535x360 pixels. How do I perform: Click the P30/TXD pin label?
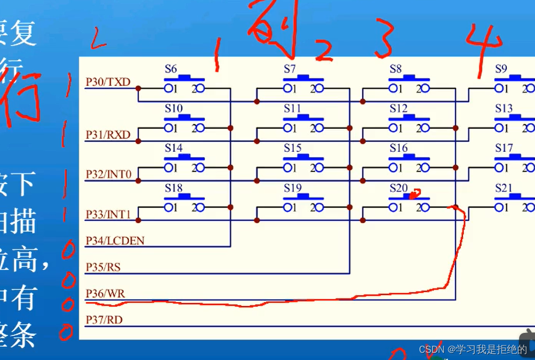pyautogui.click(x=108, y=82)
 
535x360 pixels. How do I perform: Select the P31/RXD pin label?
pyautogui.click(x=108, y=135)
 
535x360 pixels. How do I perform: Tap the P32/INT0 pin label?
pyautogui.click(x=108, y=174)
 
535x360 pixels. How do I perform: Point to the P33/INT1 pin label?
pyautogui.click(x=108, y=214)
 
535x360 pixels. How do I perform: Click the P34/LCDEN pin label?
pyautogui.click(x=115, y=240)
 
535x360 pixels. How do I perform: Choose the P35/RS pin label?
pyautogui.click(x=103, y=267)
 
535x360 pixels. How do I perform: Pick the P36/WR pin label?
pyautogui.click(x=105, y=294)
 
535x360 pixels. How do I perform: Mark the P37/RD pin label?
pyautogui.click(x=104, y=320)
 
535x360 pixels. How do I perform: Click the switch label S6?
pyautogui.click(x=171, y=69)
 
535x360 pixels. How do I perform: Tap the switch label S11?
pyautogui.click(x=293, y=108)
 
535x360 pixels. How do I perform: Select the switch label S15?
pyautogui.click(x=293, y=148)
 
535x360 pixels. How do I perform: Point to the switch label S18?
pyautogui.click(x=173, y=188)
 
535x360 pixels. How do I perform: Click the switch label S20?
pyautogui.click(x=398, y=188)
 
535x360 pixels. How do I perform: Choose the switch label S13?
pyautogui.click(x=503, y=108)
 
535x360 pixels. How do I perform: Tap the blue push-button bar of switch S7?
pyautogui.click(x=304, y=78)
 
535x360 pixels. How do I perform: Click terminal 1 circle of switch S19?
pyautogui.click(x=288, y=208)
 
